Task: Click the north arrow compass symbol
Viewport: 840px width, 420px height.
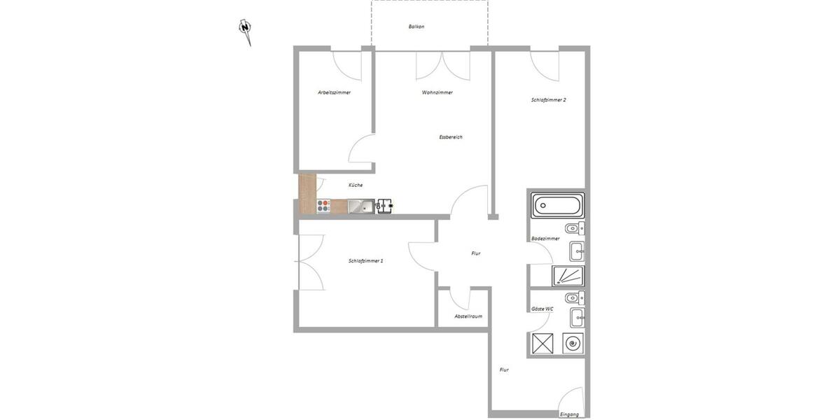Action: tap(245, 29)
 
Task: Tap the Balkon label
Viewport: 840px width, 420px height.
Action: tap(416, 27)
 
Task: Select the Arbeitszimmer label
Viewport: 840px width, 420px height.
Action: tap(334, 92)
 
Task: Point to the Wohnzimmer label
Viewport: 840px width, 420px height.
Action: tap(437, 92)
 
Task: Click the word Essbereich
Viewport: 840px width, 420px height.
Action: tap(450, 137)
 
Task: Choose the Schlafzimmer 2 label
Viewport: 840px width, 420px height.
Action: tap(548, 100)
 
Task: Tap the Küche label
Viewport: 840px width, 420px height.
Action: tap(356, 185)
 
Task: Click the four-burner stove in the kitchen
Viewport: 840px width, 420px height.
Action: tap(323, 206)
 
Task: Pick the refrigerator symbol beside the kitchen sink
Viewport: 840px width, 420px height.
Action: tap(385, 206)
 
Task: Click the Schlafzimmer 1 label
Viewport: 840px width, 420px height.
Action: tap(365, 261)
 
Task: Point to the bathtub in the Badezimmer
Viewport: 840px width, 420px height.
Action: tap(557, 206)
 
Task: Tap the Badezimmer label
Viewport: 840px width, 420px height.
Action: tap(545, 239)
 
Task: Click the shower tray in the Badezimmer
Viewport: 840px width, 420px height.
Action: tap(568, 276)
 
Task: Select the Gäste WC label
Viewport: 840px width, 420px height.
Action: tap(542, 309)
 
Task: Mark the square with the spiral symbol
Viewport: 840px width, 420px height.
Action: tap(573, 343)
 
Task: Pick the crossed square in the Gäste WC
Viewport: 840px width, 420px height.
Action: tap(543, 343)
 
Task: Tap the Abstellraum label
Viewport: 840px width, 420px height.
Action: tap(468, 316)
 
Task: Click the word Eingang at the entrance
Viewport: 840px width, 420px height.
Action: tap(569, 414)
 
